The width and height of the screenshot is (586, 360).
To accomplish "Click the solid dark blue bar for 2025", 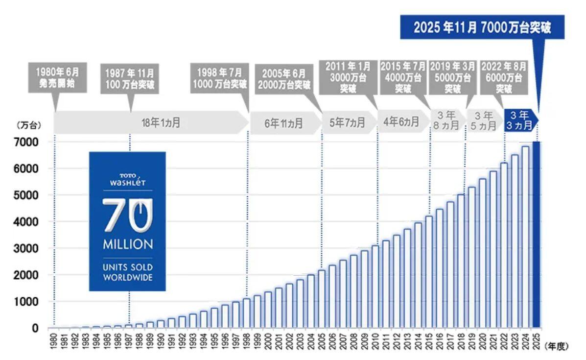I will pyautogui.click(x=537, y=235).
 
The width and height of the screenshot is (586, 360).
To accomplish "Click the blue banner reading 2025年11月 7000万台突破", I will pyautogui.click(x=482, y=27).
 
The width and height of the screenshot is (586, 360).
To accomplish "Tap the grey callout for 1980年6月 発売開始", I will pyautogui.click(x=57, y=77).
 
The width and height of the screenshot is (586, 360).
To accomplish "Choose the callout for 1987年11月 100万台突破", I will pyautogui.click(x=130, y=77).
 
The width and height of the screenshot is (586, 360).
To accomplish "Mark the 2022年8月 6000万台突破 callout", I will pyautogui.click(x=503, y=77).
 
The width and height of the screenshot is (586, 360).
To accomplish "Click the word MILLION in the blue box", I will pyautogui.click(x=127, y=244).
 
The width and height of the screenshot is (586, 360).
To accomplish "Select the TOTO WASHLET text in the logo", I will pyautogui.click(x=127, y=179).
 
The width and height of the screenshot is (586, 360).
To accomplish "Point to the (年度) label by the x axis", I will pyautogui.click(x=556, y=346).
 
